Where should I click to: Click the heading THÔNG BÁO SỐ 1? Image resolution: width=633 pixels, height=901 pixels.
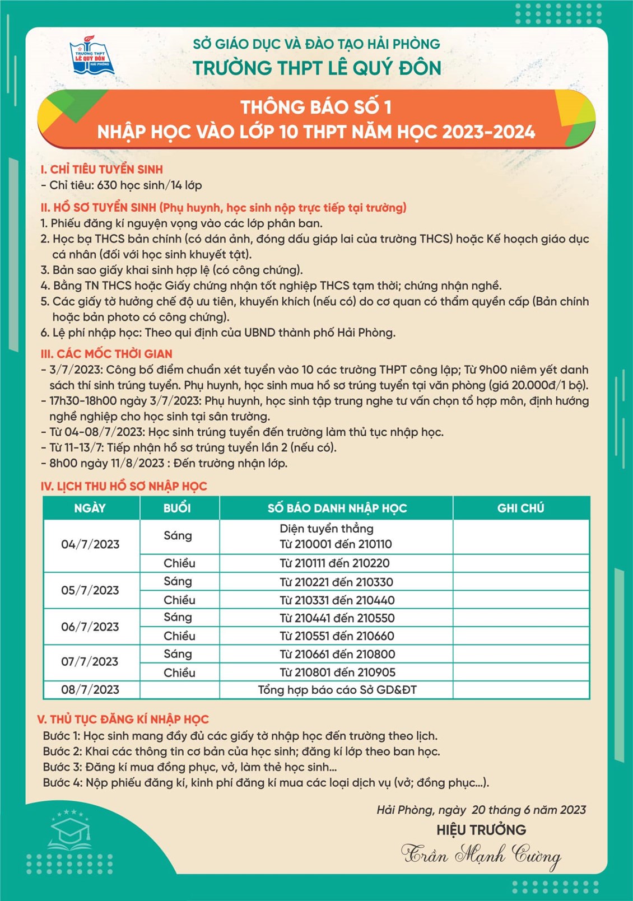tap(316, 107)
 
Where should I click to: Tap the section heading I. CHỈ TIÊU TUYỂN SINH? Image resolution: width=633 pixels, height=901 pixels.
tap(101, 169)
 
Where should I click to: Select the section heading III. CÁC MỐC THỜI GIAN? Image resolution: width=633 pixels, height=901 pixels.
tap(106, 354)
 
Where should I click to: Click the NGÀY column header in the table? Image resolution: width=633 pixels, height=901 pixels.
tap(90, 508)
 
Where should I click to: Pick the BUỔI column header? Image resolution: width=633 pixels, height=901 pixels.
tap(178, 508)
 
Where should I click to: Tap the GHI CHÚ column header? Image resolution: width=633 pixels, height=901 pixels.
tap(520, 508)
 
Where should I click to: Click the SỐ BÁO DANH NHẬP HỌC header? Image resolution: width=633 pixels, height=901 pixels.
tap(337, 508)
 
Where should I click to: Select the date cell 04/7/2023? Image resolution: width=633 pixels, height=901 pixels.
tap(90, 544)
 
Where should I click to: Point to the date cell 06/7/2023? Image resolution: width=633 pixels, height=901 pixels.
tap(90, 627)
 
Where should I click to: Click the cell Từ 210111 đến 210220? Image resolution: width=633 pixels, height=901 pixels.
tap(334, 563)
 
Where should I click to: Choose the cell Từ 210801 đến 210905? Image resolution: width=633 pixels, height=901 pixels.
tap(337, 672)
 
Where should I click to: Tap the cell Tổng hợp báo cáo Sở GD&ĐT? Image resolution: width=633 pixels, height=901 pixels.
tap(337, 690)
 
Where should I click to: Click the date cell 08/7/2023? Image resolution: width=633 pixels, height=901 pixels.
tap(90, 690)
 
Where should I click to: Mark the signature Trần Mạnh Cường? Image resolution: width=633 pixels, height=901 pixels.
tap(481, 855)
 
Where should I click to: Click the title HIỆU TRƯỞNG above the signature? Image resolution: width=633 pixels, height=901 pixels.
tap(481, 829)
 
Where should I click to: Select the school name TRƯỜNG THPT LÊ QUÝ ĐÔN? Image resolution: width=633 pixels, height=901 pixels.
tap(317, 68)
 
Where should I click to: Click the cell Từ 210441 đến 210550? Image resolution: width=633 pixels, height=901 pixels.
tap(337, 618)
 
